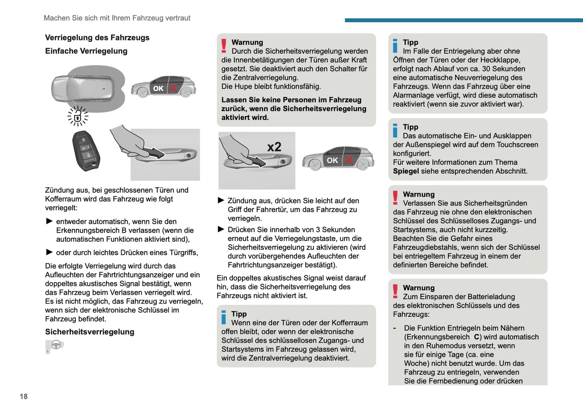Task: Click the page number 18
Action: coord(23,396)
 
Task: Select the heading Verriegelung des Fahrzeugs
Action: coord(97,38)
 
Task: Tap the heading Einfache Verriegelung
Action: coord(86,51)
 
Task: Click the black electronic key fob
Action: coord(86,151)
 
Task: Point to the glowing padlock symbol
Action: coord(77,117)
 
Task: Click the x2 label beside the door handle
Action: coord(274,147)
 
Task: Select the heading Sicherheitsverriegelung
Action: coord(90,332)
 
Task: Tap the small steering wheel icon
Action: coord(56,345)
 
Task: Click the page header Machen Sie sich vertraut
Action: coord(117,18)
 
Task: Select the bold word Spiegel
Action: coord(406,171)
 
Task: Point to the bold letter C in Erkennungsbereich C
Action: coord(476,337)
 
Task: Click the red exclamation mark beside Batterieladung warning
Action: coord(395,291)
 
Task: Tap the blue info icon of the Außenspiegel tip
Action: coord(395,130)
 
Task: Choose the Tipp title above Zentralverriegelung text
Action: coord(239,314)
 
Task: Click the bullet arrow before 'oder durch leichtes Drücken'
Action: coord(50,252)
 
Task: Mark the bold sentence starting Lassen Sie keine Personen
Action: coord(294,109)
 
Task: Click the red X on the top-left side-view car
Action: coord(173,88)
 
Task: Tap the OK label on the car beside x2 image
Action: coord(332,160)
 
